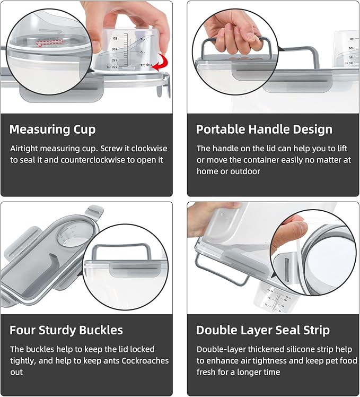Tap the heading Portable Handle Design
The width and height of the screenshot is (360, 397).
[264, 130]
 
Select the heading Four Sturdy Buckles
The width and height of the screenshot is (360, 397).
[66, 330]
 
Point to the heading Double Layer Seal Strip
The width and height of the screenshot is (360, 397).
[263, 330]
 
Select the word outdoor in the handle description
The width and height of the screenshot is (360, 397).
[245, 171]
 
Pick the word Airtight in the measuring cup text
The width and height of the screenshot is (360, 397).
[25, 149]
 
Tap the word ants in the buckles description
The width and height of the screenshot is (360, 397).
[116, 361]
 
